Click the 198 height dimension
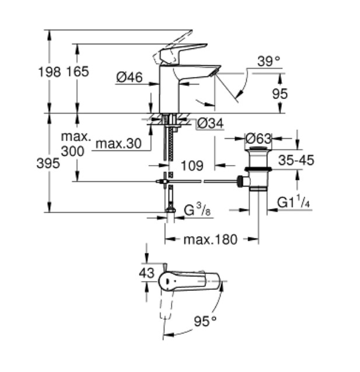pos(50,72)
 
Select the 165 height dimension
pos(78,72)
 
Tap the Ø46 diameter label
pos(130,77)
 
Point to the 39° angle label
pos(269,61)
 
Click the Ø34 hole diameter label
pos(211,124)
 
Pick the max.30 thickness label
pos(118,143)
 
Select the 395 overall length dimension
pos(48,163)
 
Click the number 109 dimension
pos(192,166)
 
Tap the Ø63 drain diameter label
pos(258,139)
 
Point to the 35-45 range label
pos(296,160)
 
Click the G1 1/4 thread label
pos(293,202)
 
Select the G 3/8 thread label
pos(197,209)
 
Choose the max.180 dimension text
pos(211,240)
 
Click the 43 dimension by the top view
pos(146,273)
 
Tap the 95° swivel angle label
pos(205,321)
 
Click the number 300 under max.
pos(73,151)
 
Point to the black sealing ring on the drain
pos(258,169)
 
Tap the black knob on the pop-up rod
pos(240,181)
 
